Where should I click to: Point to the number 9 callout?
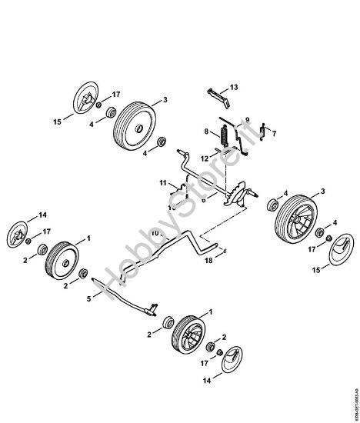click(248, 119)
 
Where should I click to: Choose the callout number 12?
click(204, 158)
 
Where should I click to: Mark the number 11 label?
click(163, 182)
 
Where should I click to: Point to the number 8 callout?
click(205, 132)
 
